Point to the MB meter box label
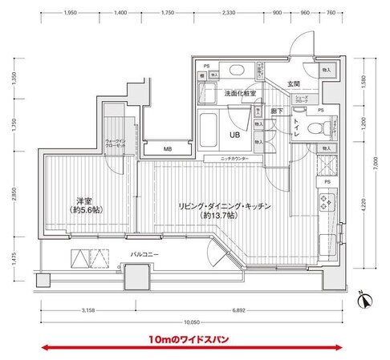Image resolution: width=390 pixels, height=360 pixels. click(168, 149)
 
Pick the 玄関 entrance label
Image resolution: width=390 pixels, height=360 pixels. click(292, 83)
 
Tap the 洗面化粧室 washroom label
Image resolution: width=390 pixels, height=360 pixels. click(240, 93)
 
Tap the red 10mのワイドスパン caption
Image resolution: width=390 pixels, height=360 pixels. click(188, 340)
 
